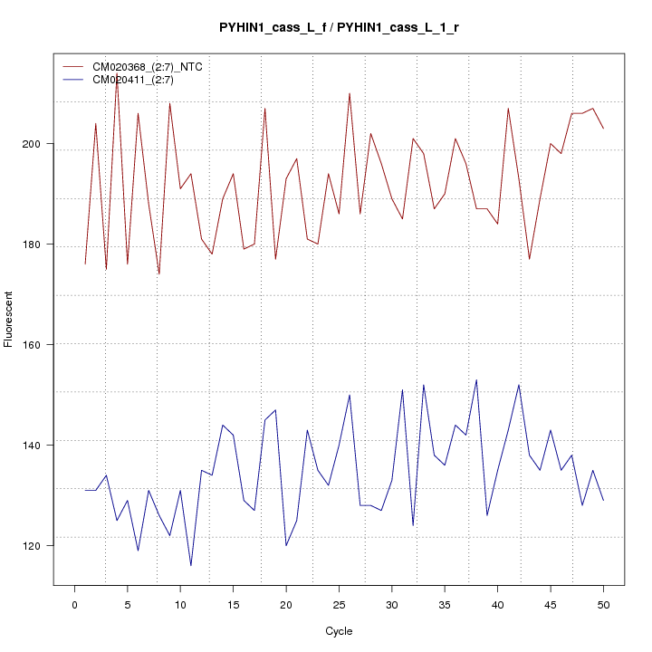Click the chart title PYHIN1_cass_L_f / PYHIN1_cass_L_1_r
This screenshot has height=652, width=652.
click(x=339, y=28)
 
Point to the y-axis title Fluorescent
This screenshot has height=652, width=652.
click(x=10, y=319)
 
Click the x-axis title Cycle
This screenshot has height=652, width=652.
click(x=339, y=631)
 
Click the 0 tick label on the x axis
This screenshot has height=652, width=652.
click(x=74, y=605)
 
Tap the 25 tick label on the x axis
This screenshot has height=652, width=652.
click(x=339, y=605)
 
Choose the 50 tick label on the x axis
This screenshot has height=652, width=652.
click(x=603, y=605)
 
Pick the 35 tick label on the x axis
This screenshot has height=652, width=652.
click(x=445, y=605)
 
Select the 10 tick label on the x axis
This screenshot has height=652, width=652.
click(x=180, y=605)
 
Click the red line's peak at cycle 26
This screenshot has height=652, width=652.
click(x=350, y=93)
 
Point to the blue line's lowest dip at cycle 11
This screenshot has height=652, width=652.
click(x=191, y=566)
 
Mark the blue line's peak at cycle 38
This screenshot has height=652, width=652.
click(x=476, y=379)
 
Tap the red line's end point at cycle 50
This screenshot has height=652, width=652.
click(x=603, y=129)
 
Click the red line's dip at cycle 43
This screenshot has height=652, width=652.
click(x=529, y=260)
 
